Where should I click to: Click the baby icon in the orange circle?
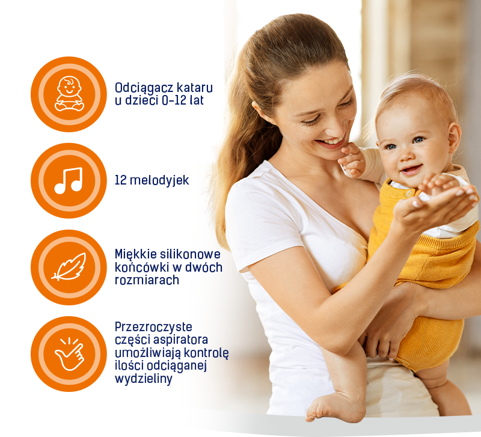pos(69,94)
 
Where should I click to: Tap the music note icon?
pos(69,180)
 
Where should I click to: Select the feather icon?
pos(69,267)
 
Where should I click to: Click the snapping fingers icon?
pos(69,353)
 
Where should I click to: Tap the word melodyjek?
pos(159,180)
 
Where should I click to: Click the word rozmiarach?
pos(147,280)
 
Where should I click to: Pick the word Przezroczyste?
pos(153,328)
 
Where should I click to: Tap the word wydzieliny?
pos(144,379)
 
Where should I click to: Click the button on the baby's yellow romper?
pos(409,193)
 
